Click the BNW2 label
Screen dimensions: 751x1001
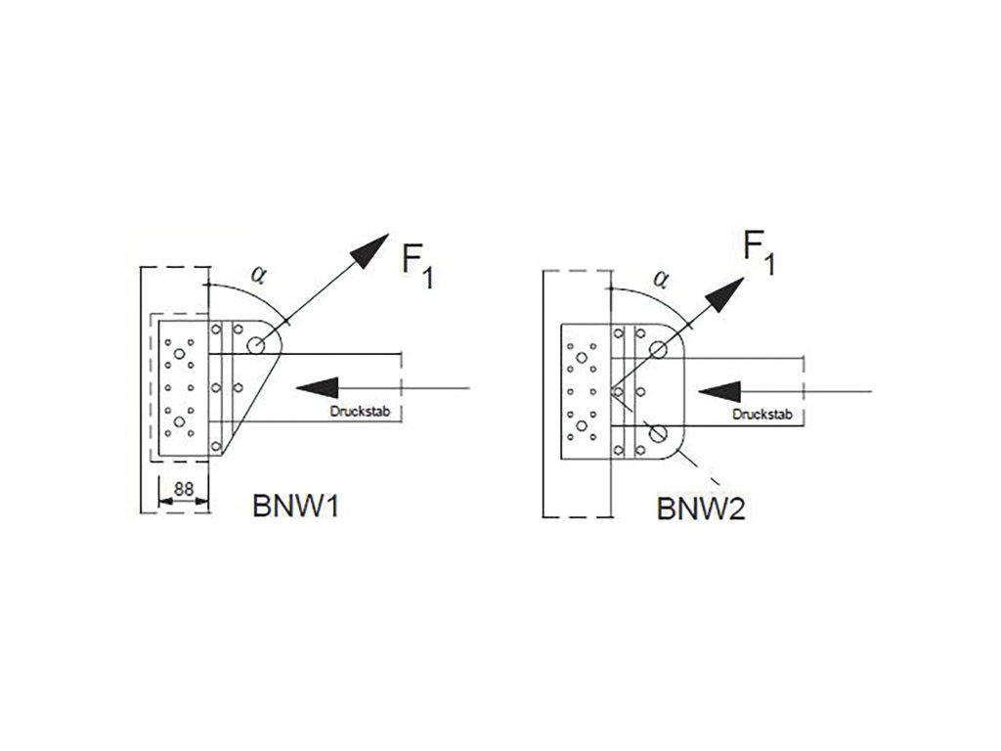click(x=701, y=509)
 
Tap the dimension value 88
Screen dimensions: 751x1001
click(x=182, y=488)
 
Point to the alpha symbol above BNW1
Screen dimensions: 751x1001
click(x=258, y=273)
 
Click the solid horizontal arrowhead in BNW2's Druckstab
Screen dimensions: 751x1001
click(x=719, y=390)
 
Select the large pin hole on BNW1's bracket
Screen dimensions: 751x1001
click(x=256, y=344)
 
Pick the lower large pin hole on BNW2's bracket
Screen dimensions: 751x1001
click(x=659, y=431)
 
